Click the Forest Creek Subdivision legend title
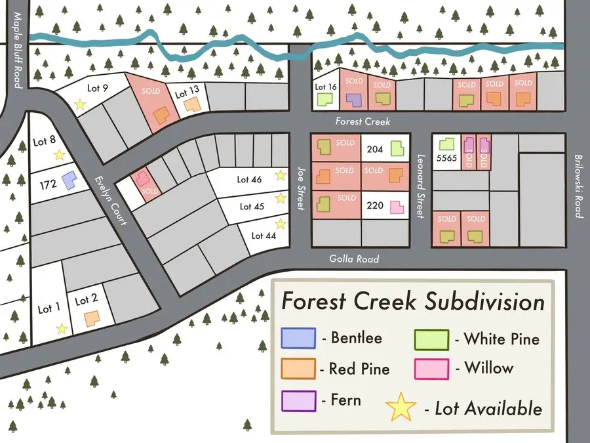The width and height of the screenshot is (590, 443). [413, 302]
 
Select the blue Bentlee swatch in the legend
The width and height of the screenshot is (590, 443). [298, 338]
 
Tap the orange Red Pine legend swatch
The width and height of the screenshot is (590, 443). [298, 369]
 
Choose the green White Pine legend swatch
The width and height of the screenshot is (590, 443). [431, 339]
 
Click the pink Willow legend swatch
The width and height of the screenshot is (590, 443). [431, 369]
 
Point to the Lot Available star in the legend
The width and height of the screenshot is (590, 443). [401, 408]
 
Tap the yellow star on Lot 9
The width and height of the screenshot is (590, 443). [80, 104]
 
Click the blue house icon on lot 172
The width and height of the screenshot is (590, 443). [68, 179]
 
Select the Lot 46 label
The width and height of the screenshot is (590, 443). [249, 179]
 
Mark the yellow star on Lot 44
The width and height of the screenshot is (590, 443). [281, 224]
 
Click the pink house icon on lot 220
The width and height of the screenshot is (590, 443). [396, 207]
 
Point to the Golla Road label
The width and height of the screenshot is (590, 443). [354, 259]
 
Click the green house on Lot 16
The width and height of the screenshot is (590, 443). [324, 99]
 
